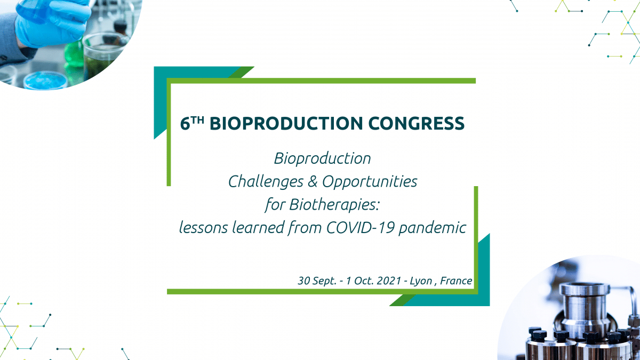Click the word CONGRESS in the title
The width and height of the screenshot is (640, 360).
click(417, 123)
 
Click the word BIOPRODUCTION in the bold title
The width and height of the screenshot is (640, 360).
click(286, 123)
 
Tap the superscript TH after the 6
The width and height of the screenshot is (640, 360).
click(198, 120)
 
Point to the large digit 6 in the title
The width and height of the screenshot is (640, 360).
click(185, 124)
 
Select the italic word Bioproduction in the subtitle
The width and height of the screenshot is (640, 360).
click(322, 159)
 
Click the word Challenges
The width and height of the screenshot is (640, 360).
click(266, 182)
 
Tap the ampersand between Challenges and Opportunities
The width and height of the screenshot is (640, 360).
click(313, 182)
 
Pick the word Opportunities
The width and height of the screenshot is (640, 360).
click(370, 182)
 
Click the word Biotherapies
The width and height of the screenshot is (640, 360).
click(334, 205)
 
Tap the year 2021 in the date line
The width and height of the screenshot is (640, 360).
click(389, 281)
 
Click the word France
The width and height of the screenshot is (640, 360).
click(456, 281)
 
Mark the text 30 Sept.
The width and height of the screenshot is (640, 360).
click(317, 281)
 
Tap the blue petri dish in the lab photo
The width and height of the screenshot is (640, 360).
click(45, 80)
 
